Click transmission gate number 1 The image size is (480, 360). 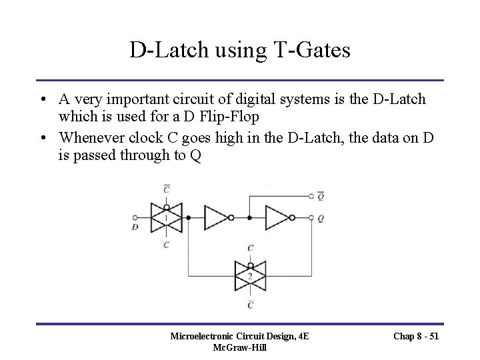(166, 217)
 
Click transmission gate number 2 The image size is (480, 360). (250, 275)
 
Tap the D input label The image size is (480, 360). (136, 228)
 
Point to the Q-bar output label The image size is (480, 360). (321, 196)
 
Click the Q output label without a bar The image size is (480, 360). (321, 218)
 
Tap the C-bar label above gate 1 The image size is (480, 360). (166, 189)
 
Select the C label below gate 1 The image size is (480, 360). (166, 245)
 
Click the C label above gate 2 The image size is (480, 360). (250, 247)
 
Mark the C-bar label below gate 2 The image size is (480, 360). (250, 304)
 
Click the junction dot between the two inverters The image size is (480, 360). (249, 217)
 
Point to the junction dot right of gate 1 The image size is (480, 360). (189, 217)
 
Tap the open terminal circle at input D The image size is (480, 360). (136, 217)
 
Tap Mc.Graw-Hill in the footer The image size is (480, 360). (239, 348)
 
